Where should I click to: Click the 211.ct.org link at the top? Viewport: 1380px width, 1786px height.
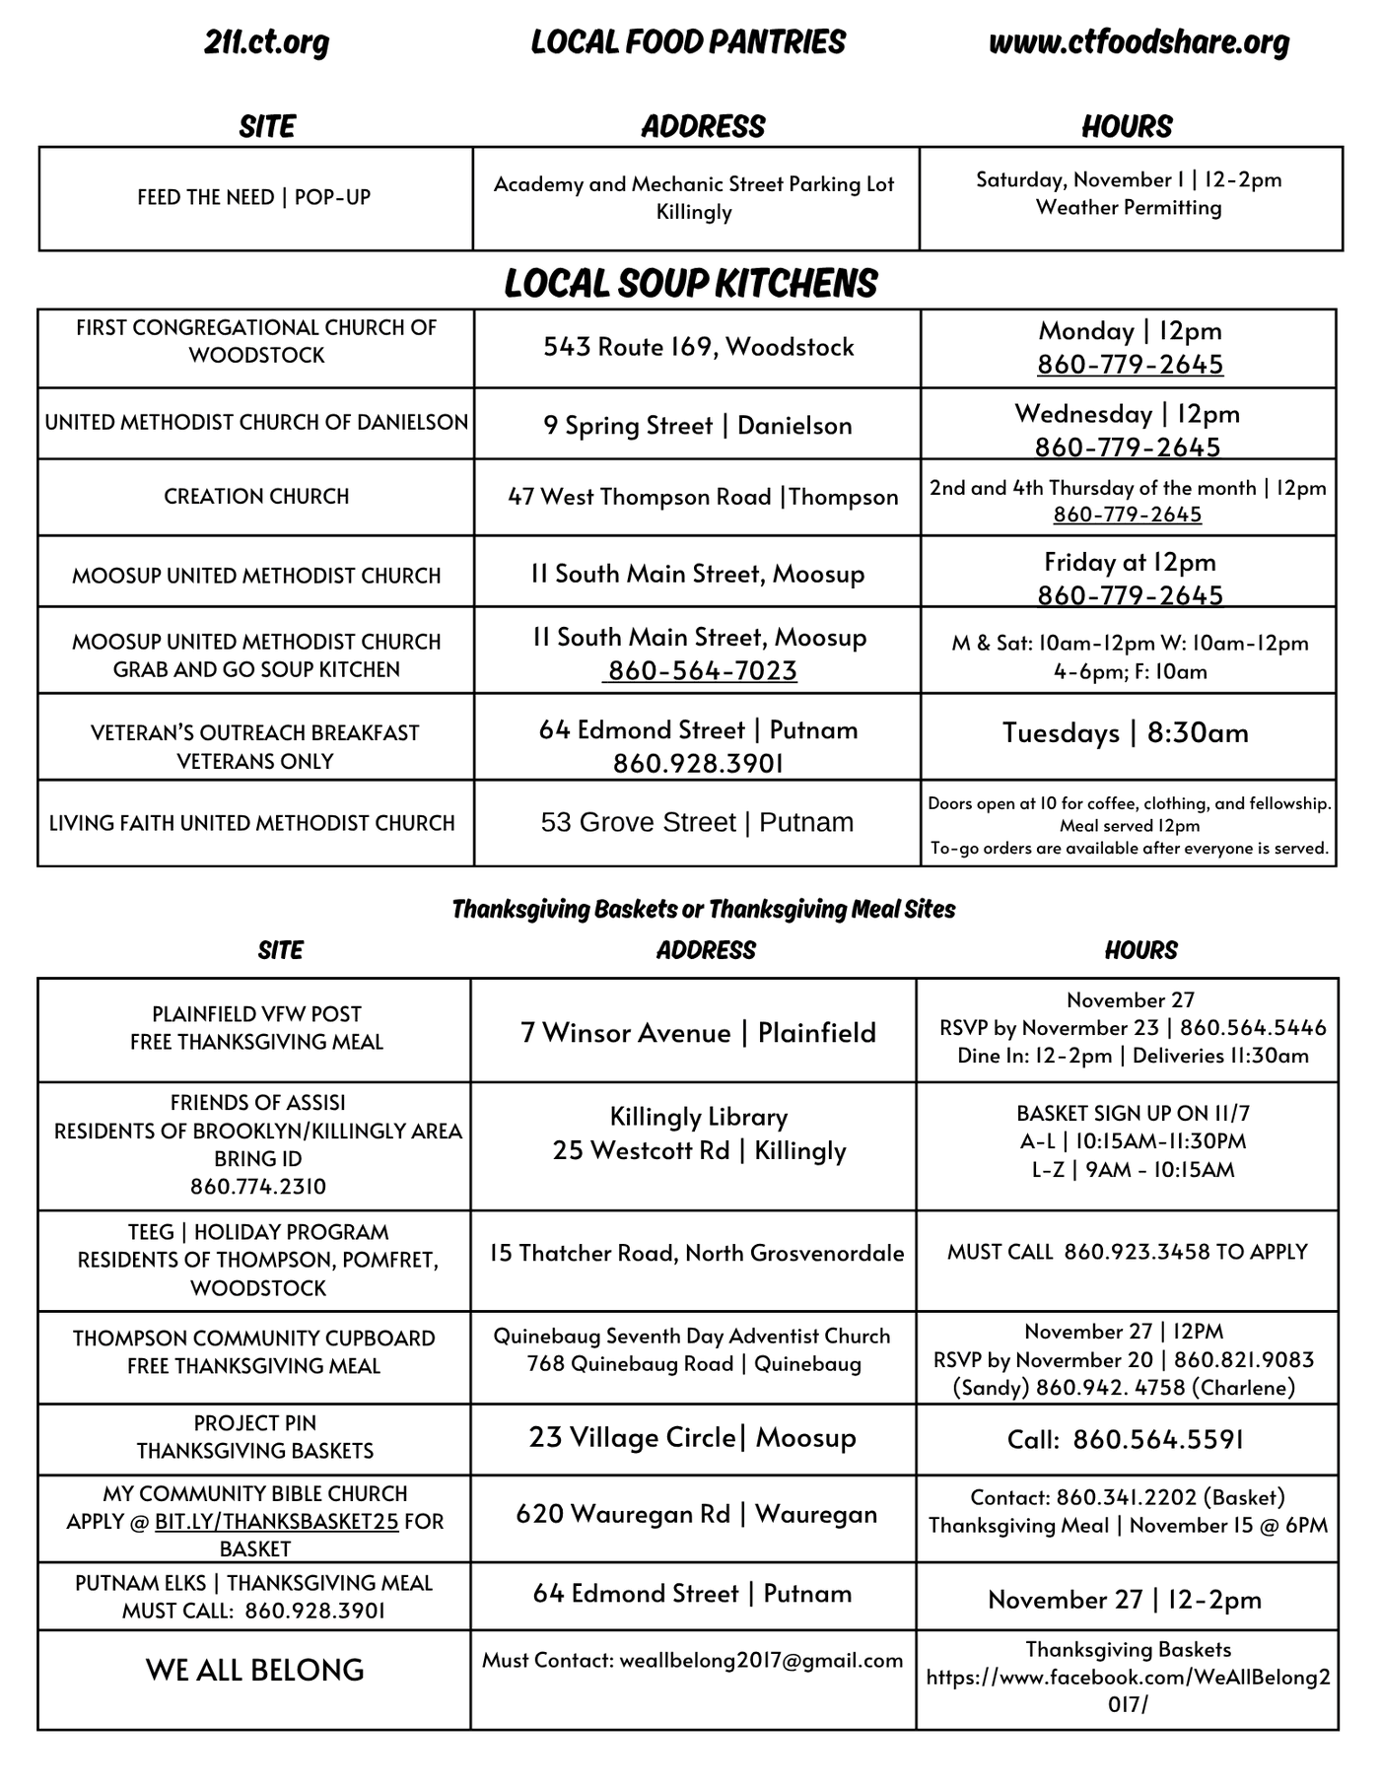point(266,43)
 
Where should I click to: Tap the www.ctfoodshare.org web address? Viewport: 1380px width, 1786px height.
point(1138,43)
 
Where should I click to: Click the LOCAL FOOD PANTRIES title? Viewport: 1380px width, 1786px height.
point(688,42)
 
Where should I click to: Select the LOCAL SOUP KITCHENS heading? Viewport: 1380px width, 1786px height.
point(690,284)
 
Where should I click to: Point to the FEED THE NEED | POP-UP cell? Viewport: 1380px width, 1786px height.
point(254,197)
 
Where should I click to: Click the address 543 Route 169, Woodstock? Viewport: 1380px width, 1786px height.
point(698,347)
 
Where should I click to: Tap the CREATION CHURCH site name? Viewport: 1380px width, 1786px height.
point(256,497)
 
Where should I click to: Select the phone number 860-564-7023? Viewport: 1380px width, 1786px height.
point(702,671)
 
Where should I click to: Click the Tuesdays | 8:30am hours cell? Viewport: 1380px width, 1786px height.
point(1126,733)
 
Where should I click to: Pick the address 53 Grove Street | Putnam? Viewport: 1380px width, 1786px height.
point(697,823)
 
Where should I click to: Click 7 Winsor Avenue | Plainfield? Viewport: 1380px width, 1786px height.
point(698,1033)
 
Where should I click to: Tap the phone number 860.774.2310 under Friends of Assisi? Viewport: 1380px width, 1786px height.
point(257,1187)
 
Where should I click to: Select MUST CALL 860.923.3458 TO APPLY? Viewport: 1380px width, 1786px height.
point(1127,1252)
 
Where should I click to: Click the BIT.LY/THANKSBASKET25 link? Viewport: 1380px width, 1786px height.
point(277,1522)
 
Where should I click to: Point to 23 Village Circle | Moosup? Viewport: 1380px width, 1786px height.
point(692,1438)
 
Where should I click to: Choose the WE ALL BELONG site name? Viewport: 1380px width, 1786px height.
point(254,1670)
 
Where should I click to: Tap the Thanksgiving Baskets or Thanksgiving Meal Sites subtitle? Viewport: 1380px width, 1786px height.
point(703,909)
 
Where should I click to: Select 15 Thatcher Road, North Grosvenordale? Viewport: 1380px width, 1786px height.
point(696,1253)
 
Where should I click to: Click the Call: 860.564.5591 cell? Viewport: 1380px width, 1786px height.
point(1125,1440)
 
